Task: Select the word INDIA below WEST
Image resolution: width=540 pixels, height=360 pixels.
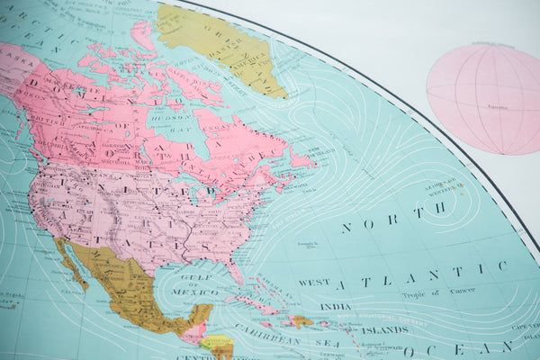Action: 335,307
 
